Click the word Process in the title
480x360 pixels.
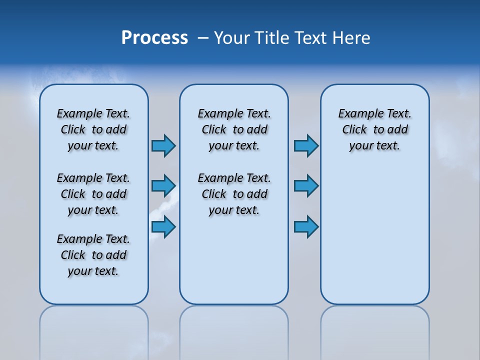[154, 38]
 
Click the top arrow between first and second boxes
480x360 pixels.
[163, 145]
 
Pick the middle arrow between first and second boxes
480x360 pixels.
[163, 186]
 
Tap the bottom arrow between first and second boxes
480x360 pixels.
[163, 226]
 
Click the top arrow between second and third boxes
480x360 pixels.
[306, 145]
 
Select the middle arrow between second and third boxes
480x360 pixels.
[306, 186]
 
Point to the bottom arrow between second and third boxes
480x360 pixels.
[306, 226]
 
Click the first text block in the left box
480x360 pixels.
[93, 129]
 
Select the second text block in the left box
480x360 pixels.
[93, 194]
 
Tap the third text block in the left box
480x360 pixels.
[93, 255]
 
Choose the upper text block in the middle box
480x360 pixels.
[234, 129]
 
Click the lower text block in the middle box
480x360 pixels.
[234, 194]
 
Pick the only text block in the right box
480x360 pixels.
[375, 129]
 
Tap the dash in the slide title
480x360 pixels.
[203, 38]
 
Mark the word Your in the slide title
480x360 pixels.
[232, 38]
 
